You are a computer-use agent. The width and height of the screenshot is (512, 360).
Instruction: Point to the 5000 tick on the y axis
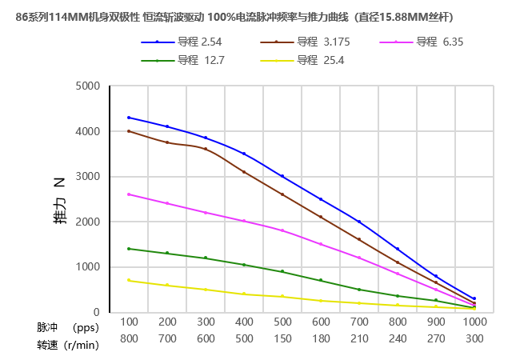pos(88,86)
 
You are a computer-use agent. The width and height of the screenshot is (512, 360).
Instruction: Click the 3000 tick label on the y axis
pos(88,177)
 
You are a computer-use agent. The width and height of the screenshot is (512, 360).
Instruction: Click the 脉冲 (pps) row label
pos(67,327)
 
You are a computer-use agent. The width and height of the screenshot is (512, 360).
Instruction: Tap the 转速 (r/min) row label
pos(67,345)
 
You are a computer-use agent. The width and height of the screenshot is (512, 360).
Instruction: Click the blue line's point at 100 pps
pos(129,118)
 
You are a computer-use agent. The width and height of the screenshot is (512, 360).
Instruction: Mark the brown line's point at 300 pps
pos(206,149)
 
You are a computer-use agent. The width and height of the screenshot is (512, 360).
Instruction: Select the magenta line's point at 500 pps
pos(282,230)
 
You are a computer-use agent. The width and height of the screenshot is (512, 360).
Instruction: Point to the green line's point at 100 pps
pos(129,249)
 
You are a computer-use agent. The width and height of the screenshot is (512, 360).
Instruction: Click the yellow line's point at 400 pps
pos(244,294)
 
